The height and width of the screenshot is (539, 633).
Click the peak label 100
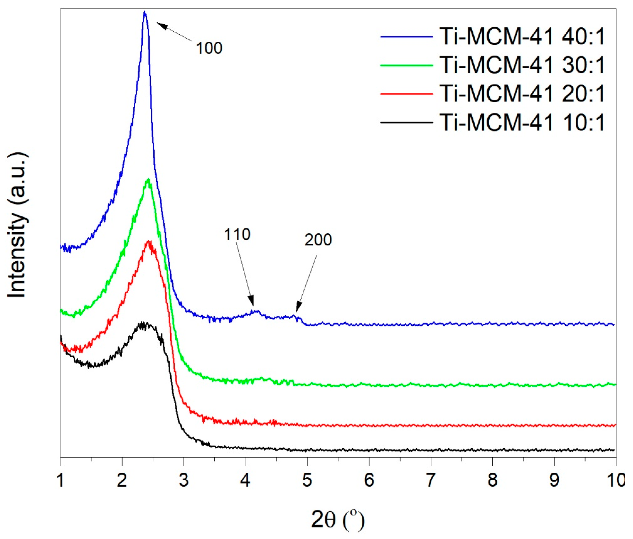coord(209,48)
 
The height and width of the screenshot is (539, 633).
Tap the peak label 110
coord(237,234)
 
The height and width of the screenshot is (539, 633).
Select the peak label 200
coord(318,240)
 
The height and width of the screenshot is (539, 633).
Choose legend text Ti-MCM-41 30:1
coord(522,65)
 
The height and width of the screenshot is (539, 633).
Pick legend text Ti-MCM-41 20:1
coord(522,94)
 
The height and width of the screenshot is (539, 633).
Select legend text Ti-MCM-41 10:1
coord(522,123)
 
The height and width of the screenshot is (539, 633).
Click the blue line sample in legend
coord(407,37)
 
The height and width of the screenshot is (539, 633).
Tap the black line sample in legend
coord(407,123)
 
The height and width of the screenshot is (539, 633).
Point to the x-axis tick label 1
coord(61,480)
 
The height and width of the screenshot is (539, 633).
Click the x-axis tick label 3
coord(184,480)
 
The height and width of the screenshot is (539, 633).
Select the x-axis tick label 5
coord(307,480)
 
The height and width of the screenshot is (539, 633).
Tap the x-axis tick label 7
coord(431,480)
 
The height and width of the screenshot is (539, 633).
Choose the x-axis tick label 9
coord(554,480)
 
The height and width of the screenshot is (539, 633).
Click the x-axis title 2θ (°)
coord(338,520)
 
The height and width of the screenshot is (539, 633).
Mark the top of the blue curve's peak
coord(145,12)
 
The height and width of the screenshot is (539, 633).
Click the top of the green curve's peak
coord(148,180)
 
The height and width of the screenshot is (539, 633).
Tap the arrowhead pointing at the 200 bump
coord(298,308)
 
